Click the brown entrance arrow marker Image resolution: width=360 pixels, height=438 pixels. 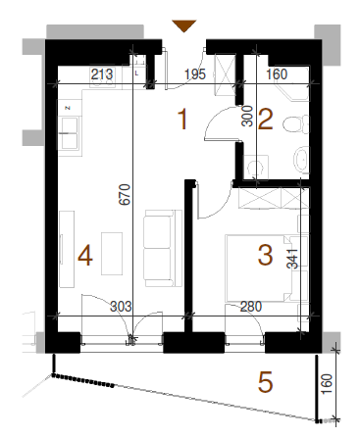coord(184,25)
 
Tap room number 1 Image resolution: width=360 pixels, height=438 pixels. coord(182,120)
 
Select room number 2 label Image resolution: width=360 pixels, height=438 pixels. coord(265,120)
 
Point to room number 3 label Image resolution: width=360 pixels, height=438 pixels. coord(265,255)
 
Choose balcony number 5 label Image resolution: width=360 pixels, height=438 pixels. coord(265,382)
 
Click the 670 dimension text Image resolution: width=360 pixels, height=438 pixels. coord(125,195)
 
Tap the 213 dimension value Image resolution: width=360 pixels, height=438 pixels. coord(102,74)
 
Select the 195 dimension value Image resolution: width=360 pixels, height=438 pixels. coord(195,74)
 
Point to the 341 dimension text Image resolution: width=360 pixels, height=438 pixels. coord(292,259)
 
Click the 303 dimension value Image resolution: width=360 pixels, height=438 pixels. coord(121,307)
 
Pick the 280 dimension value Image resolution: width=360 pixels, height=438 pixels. coord(251,307)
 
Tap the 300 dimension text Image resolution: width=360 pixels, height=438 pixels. coord(247,116)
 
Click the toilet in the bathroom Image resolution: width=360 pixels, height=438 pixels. coord(295,124)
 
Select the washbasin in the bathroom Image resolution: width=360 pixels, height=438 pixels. coord(301,160)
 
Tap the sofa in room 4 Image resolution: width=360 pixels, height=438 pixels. coord(163,249)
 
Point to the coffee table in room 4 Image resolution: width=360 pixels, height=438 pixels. coord(112,254)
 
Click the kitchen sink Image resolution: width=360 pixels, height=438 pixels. coord(68,133)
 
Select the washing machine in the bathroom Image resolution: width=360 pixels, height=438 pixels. coord(256,167)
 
